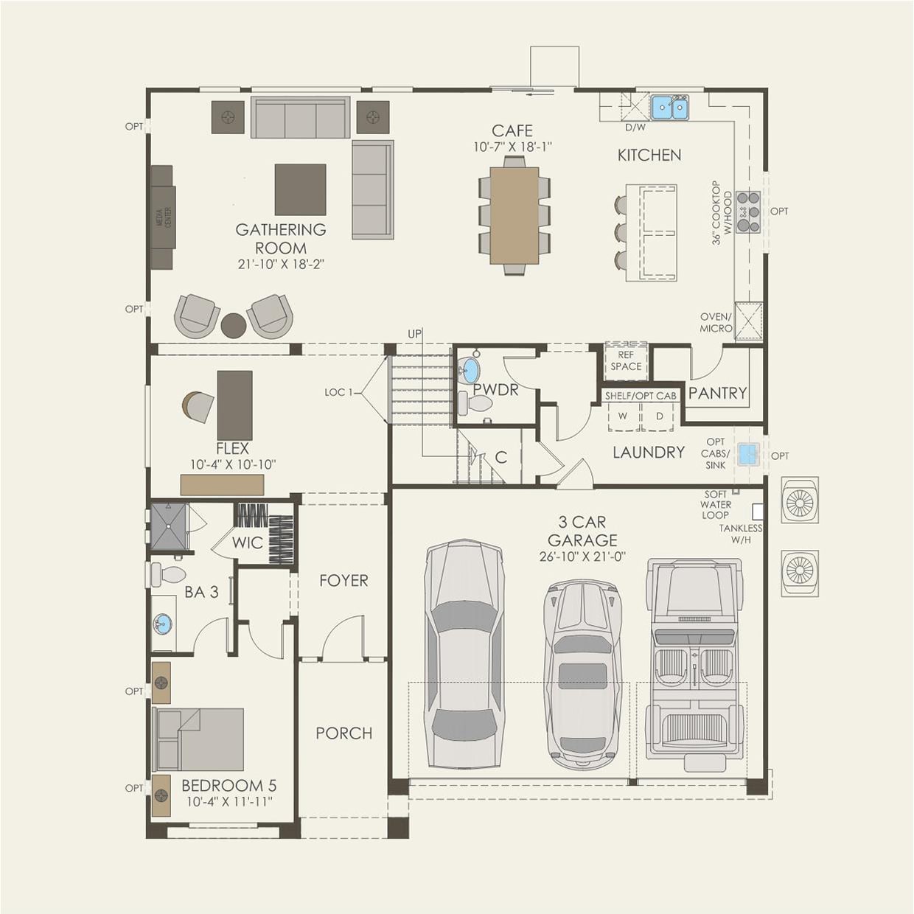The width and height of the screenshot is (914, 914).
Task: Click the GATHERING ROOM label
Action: click(281, 238)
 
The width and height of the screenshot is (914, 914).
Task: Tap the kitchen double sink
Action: click(669, 108)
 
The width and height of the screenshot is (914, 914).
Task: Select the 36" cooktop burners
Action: click(748, 212)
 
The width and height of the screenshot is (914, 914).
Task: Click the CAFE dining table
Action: click(514, 215)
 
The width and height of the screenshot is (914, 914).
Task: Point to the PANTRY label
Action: click(717, 394)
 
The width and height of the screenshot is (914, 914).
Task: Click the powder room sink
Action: click(469, 371)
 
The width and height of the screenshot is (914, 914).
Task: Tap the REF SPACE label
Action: click(626, 360)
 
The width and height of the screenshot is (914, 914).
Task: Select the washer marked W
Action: click(623, 416)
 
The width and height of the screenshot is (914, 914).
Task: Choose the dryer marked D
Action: click(659, 416)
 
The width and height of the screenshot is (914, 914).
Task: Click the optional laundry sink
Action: click(749, 454)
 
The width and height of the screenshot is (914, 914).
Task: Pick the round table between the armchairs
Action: click(234, 325)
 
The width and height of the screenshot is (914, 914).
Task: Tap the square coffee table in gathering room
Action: click(300, 189)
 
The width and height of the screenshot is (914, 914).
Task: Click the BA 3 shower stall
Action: click(170, 526)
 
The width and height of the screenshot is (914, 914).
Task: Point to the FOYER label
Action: click(343, 581)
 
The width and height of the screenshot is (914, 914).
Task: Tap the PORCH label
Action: click(343, 733)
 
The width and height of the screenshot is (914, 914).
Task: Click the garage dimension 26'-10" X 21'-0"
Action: click(582, 557)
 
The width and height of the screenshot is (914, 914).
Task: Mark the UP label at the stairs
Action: click(415, 334)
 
